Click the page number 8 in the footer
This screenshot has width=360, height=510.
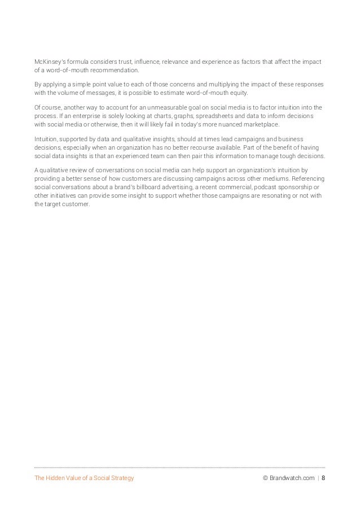tap(323, 478)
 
